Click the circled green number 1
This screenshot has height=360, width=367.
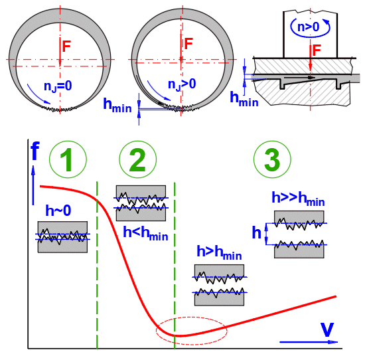click(68, 159)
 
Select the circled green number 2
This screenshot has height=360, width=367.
click(138, 159)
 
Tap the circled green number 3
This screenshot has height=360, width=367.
click(272, 159)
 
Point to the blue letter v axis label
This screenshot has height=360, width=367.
click(327, 329)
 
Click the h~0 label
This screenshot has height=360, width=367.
click(58, 211)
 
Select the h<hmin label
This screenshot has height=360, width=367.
click(145, 233)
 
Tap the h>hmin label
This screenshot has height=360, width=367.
click(219, 253)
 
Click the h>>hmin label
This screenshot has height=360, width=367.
click(298, 199)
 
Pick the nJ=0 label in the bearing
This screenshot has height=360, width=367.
click(58, 86)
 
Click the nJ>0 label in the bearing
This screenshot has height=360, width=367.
click(182, 84)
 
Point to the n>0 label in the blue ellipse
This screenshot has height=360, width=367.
click(308, 27)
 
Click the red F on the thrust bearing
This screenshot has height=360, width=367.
click(317, 50)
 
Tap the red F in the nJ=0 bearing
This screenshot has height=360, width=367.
click(66, 46)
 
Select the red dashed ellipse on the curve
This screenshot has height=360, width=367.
click(192, 317)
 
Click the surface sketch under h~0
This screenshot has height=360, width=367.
click(63, 237)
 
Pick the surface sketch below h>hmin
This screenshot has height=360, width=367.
click(220, 285)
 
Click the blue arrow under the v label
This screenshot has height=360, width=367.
click(309, 342)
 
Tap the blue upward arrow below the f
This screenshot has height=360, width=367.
click(33, 185)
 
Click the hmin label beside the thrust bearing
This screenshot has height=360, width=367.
click(244, 99)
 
